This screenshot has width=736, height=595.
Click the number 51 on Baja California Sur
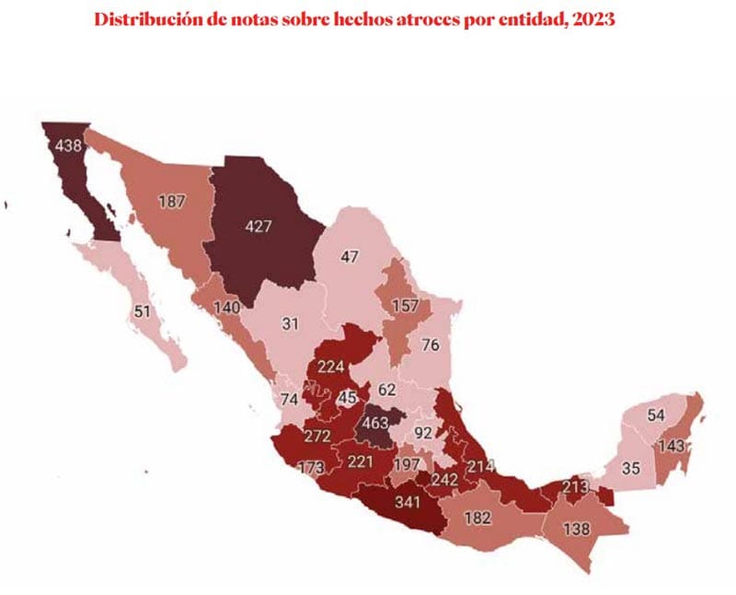[x=142, y=311]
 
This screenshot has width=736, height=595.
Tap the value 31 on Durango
[x=292, y=324]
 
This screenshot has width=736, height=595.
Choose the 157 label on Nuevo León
[x=405, y=305]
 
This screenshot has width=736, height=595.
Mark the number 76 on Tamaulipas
[x=430, y=345]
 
